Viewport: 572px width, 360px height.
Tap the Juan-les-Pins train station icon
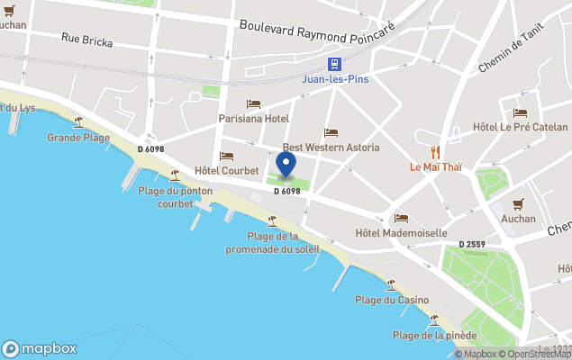pyautogui.click(x=334, y=64)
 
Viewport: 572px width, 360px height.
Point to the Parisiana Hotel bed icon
pyautogui.click(x=253, y=104)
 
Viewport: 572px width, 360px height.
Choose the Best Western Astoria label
pyautogui.click(x=331, y=148)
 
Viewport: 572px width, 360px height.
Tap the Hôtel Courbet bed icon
pyautogui.click(x=226, y=157)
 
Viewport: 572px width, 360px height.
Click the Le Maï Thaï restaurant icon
pyautogui.click(x=436, y=152)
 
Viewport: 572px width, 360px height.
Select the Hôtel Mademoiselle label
pyautogui.click(x=401, y=233)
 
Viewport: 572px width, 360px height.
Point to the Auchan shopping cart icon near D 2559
pyautogui.click(x=518, y=204)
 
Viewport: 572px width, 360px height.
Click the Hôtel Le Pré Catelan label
pyautogui.click(x=520, y=127)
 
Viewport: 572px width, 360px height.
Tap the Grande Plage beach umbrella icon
pyautogui.click(x=78, y=122)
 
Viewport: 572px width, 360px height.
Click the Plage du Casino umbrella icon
pyautogui.click(x=390, y=285)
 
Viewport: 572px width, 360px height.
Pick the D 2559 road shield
pyautogui.click(x=472, y=245)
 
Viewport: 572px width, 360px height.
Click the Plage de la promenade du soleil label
pyautogui.click(x=271, y=242)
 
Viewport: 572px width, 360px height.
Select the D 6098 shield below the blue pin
pyautogui.click(x=286, y=191)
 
